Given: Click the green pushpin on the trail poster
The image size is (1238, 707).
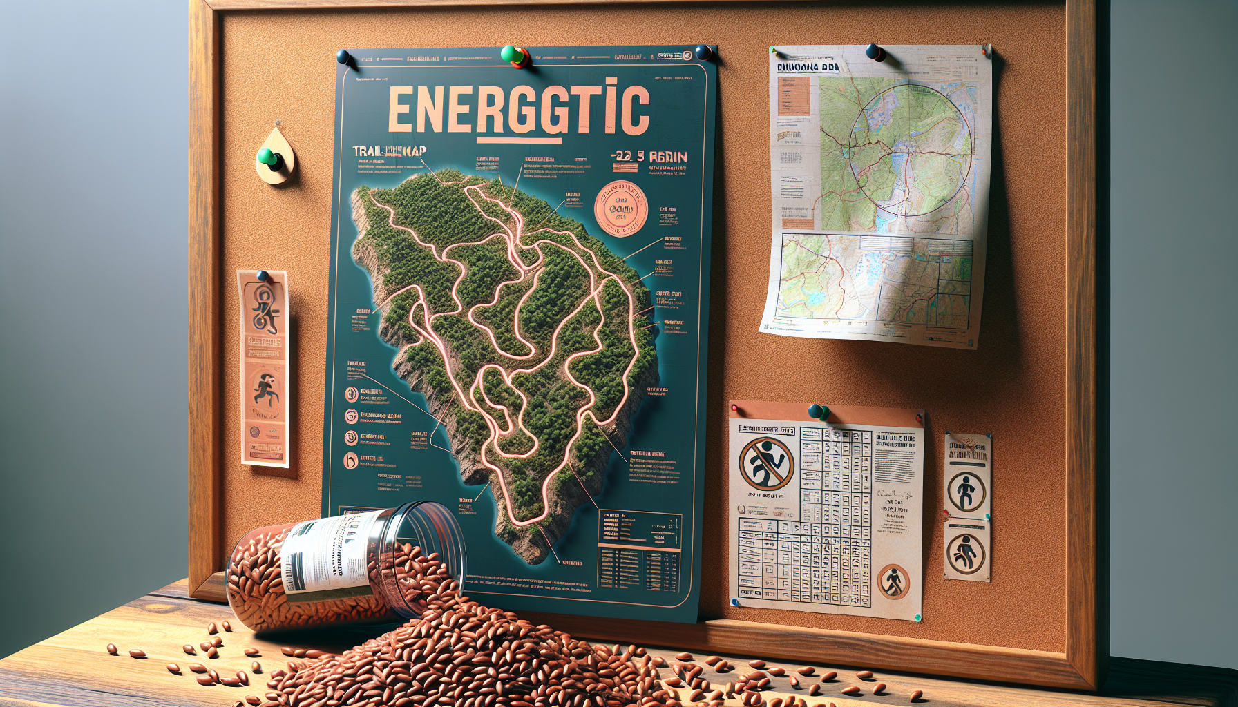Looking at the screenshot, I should pos(512,55).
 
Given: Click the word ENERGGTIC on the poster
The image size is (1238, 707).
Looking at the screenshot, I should pos(518,110).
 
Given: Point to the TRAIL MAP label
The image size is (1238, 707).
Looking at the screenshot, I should pos(389,151).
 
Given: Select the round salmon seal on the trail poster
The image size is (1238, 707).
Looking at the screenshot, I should pos(620,209).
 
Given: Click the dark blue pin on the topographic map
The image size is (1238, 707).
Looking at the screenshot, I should pos(875,52).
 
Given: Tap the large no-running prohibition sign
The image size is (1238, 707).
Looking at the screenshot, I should pos(766,463).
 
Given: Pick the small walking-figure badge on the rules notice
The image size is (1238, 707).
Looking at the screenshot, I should pos(893,581).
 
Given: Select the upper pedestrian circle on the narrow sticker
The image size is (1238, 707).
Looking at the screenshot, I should pos(966,492).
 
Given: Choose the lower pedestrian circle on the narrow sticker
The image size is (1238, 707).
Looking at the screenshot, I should pos(966,553).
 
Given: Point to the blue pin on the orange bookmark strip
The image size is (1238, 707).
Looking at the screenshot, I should pos(263,277).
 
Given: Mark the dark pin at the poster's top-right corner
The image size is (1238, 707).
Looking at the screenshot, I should pos(703,52).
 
